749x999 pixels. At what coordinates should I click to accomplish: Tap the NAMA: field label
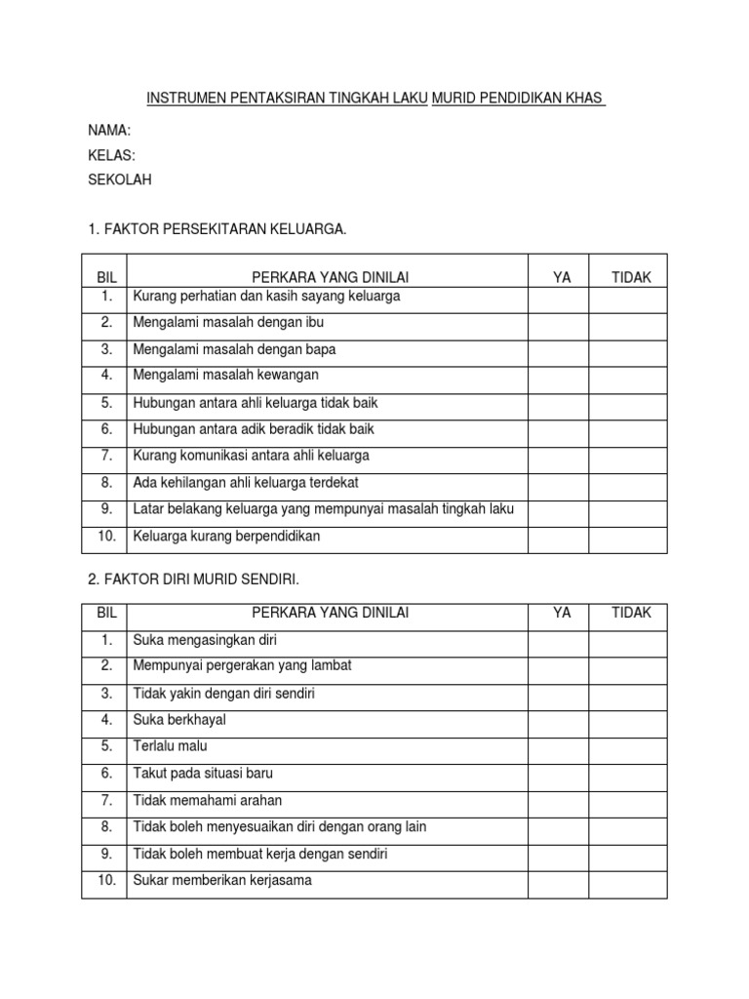point(108,130)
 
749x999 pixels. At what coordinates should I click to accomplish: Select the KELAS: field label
point(111,155)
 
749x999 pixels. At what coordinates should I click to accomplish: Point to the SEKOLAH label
point(120,180)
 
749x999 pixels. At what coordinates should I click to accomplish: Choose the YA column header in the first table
point(562,277)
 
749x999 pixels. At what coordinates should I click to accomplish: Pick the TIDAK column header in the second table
point(631,613)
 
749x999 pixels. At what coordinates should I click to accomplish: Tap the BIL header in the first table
point(106,277)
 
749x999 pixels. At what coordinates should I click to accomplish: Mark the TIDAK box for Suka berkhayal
point(628,724)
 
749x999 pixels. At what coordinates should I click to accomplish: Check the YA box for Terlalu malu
point(558,750)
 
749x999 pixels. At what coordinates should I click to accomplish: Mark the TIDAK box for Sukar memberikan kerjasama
point(628,884)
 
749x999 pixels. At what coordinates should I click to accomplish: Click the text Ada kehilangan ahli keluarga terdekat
point(246,482)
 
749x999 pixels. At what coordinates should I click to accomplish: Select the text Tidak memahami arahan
point(207,800)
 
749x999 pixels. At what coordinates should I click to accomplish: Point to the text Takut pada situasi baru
point(203,774)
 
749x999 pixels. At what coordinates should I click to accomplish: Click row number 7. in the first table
point(106,456)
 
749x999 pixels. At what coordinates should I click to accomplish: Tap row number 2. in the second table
point(106,665)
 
